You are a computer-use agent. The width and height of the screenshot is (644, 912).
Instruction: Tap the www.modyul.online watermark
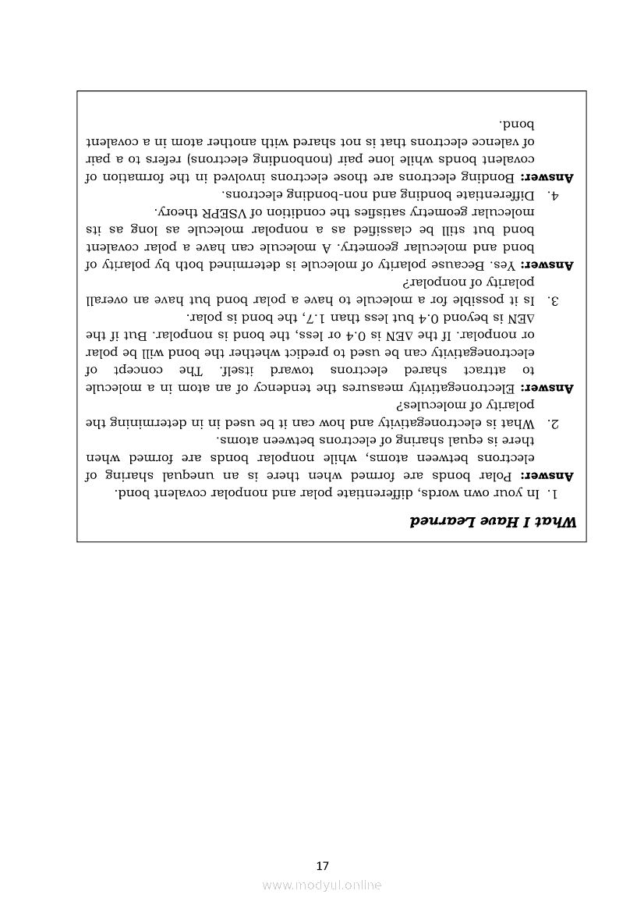(322, 885)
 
